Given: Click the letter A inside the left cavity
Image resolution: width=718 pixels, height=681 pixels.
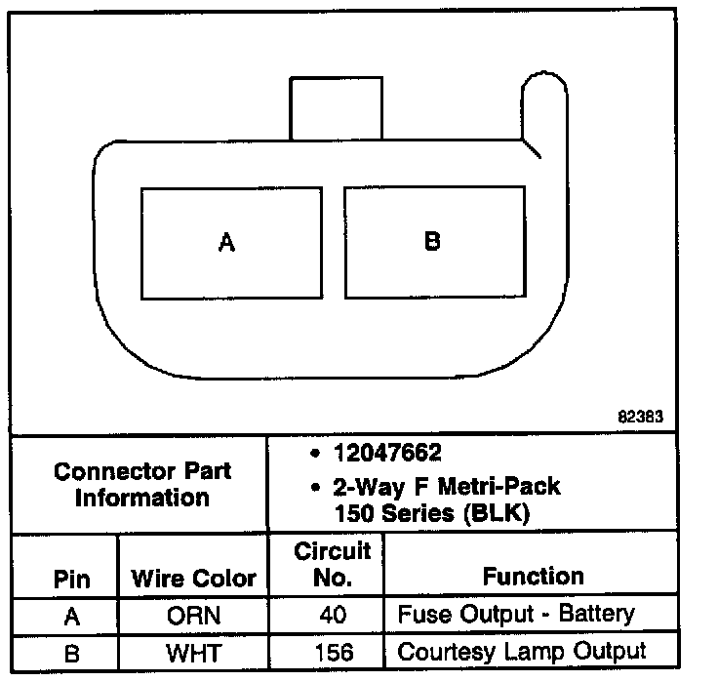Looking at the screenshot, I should click(x=227, y=242).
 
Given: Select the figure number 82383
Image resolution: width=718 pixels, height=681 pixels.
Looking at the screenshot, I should click(x=641, y=416).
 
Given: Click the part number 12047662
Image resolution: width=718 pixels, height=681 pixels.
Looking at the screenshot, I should click(x=386, y=454).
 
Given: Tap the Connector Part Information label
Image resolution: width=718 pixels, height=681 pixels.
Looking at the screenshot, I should click(x=142, y=485).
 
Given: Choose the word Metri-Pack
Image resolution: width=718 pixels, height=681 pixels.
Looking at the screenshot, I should click(x=507, y=485).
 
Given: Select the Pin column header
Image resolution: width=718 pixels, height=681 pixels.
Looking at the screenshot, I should click(x=70, y=579).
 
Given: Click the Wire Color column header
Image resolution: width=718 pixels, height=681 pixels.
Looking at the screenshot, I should click(x=193, y=579).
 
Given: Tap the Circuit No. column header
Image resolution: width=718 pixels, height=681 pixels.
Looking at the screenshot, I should click(x=333, y=565).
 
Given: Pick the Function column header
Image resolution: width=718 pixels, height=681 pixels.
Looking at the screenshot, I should click(x=533, y=577).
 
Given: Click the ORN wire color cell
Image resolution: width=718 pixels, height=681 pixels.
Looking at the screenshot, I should click(x=193, y=617).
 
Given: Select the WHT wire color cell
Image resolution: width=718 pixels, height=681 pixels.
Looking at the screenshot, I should click(x=193, y=652).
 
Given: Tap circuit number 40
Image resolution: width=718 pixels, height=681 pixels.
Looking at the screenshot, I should click(x=333, y=617).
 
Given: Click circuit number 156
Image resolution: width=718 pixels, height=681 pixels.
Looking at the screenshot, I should click(x=333, y=652).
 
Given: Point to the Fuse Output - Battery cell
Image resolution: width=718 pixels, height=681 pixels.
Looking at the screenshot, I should click(x=516, y=615).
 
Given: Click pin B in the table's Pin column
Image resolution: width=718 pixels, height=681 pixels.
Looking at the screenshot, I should click(x=70, y=652).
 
